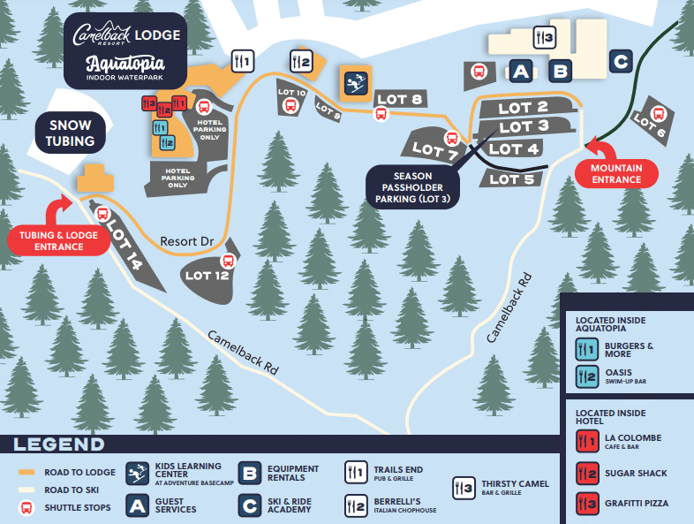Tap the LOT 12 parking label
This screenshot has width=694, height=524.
pyautogui.click(x=207, y=275)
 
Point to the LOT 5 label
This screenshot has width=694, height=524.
pyautogui.click(x=509, y=179)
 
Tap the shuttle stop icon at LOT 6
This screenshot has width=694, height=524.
pyautogui.click(x=658, y=113)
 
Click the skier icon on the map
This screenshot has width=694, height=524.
pyautogui.click(x=356, y=82)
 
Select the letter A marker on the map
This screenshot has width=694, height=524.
pyautogui.click(x=521, y=71)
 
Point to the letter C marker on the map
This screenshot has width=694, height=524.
pyautogui.click(x=621, y=61)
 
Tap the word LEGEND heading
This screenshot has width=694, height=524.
pyautogui.click(x=59, y=444)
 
